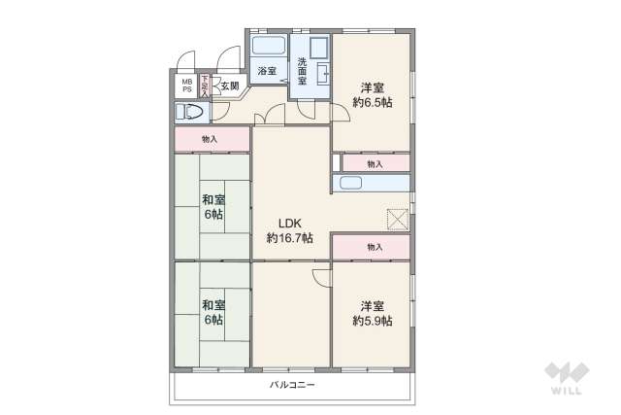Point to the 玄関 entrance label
(229, 86)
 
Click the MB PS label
(184, 86)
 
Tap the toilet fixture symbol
(192, 113)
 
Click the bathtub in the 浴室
(267, 46)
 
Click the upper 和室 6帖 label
(212, 207)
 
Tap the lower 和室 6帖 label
(212, 312)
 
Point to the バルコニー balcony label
(292, 385)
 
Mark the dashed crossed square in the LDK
(398, 220)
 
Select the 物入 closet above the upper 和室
(210, 140)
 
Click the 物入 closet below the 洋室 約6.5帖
(376, 163)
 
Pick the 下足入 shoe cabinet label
(205, 86)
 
